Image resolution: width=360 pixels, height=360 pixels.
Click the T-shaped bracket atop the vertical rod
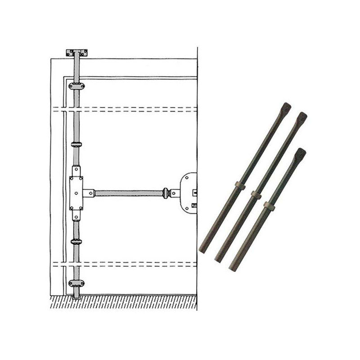(x=76, y=53)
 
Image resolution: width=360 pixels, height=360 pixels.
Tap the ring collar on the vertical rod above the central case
(x=76, y=144)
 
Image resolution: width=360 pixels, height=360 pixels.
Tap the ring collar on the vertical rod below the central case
(x=76, y=242)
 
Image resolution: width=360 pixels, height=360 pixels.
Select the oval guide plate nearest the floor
(x=76, y=283)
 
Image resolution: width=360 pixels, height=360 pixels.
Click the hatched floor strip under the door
(x=121, y=303)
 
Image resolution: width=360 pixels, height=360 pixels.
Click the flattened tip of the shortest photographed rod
(x=300, y=154)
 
